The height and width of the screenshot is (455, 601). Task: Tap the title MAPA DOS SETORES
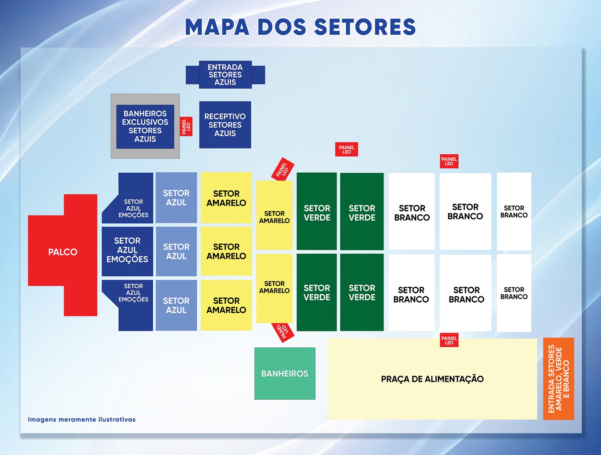[x=300, y=27]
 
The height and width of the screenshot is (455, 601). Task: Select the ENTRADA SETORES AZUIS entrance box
[x=225, y=74]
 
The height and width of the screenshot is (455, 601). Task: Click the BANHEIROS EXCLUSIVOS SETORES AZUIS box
[x=145, y=127]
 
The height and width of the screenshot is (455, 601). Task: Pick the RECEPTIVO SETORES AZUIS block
[x=225, y=125]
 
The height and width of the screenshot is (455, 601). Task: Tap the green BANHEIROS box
[x=285, y=373]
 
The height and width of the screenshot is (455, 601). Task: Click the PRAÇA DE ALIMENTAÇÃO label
[x=432, y=379]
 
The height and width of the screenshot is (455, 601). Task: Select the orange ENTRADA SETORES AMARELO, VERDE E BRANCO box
[x=559, y=379]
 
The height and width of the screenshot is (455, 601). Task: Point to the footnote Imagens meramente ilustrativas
[x=82, y=419]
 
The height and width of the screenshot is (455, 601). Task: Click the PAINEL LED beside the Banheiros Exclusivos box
[x=186, y=127]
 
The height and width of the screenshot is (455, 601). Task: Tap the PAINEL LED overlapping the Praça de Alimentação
[x=449, y=340]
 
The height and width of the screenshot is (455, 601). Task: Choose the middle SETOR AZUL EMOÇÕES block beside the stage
[x=127, y=251]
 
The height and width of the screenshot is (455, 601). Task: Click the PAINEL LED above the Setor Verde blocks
[x=347, y=149]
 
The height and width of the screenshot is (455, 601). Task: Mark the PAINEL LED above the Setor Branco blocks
[x=449, y=161]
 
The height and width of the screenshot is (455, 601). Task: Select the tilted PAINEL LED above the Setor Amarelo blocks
[x=282, y=169]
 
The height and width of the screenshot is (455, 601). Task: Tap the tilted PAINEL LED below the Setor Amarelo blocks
[x=282, y=333]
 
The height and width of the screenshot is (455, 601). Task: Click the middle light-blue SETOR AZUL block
[x=176, y=251]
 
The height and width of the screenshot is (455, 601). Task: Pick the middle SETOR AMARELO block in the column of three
[x=226, y=251]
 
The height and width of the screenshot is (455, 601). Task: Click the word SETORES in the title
[x=365, y=27]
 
